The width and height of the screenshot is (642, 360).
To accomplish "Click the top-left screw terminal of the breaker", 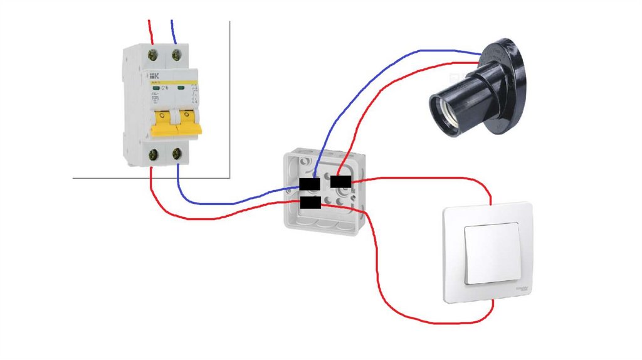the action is pos(152,55).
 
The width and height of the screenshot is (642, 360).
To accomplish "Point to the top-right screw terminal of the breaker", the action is pos(177,55).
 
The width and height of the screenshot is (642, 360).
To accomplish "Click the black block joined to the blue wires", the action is pos(310,184).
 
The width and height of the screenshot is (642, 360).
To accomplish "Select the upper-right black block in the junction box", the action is pos(340,182).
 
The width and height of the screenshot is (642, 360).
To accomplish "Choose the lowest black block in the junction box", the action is pos(310,203).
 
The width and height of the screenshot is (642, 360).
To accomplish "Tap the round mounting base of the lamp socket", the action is pos(509,85).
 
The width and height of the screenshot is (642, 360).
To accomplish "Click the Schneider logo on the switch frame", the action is pos(522,289).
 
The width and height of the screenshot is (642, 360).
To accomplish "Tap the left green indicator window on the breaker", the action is pos(155,88).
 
